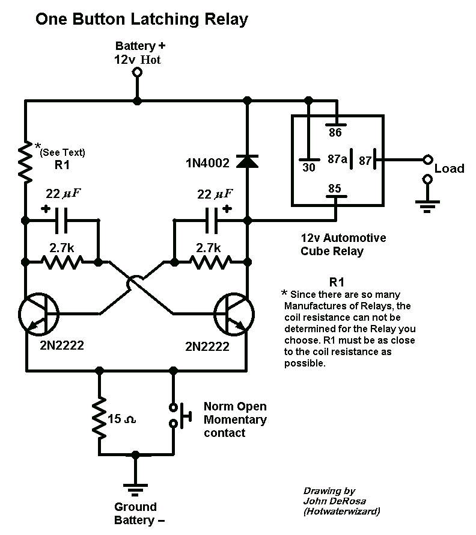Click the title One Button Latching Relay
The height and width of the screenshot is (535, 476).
141,19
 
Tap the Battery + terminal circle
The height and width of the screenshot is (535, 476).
137,72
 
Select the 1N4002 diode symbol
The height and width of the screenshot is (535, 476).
246,161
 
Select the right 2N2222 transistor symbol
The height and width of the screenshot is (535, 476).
234,314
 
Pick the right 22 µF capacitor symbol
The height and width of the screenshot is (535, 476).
211,221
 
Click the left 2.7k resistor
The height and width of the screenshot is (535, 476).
62,262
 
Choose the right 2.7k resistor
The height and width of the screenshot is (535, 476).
210,262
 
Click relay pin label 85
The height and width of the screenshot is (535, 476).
334,189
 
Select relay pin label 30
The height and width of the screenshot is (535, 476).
308,168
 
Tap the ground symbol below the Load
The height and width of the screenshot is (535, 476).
427,206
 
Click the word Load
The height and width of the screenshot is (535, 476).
449,169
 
